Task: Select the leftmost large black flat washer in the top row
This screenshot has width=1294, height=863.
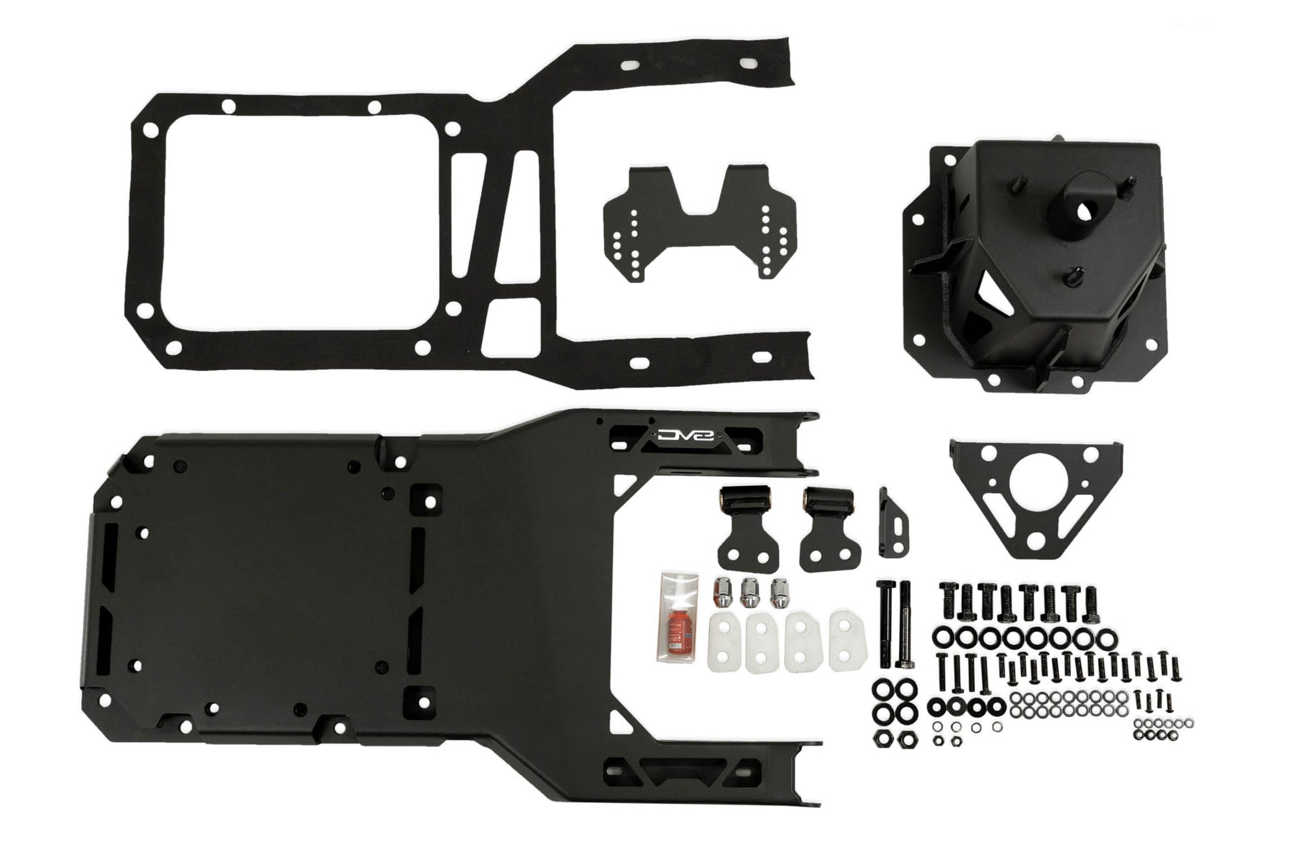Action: click(942, 636)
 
